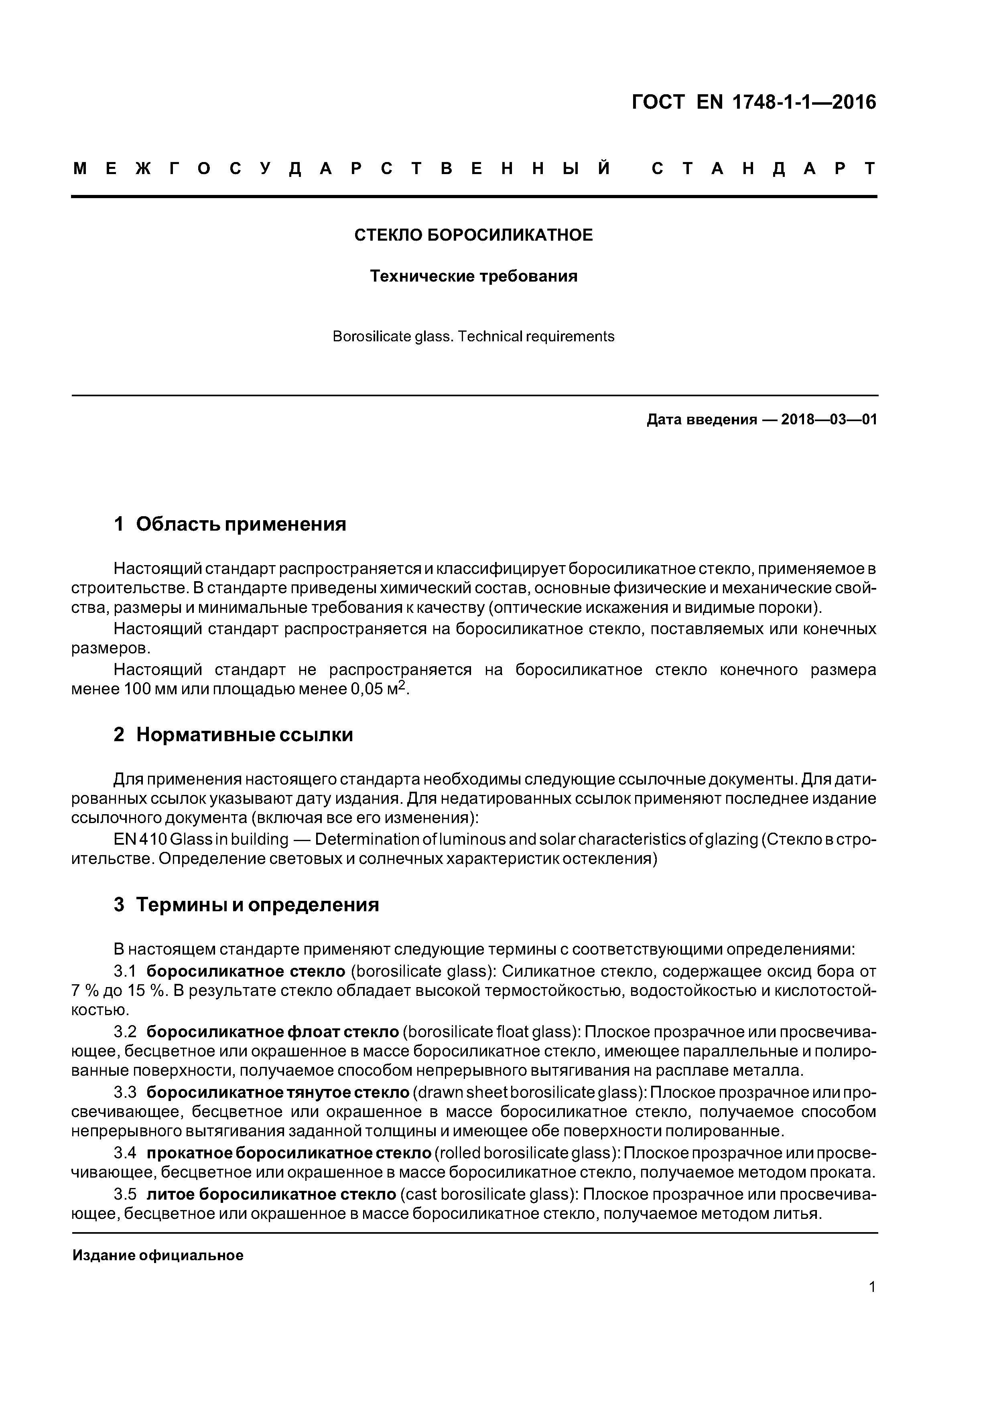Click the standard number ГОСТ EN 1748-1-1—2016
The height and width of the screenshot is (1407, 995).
(753, 102)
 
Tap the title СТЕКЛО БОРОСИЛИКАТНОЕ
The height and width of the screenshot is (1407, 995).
(473, 235)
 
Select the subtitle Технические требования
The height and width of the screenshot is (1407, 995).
(473, 276)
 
